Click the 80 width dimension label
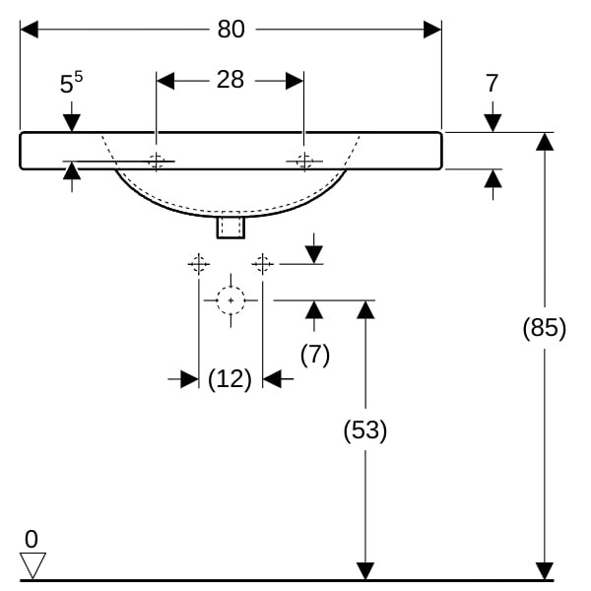(x=230, y=30)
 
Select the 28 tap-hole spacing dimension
(x=230, y=80)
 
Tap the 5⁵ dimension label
(x=70, y=84)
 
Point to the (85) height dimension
(x=544, y=328)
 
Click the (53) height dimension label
(x=364, y=429)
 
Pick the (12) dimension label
(x=230, y=379)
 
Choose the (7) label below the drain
(x=314, y=355)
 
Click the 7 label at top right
(x=492, y=84)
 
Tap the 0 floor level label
(x=32, y=539)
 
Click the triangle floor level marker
(x=33, y=565)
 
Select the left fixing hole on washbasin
(x=156, y=161)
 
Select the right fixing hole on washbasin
(x=303, y=161)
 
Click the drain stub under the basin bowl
(x=230, y=228)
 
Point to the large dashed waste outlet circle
(x=230, y=299)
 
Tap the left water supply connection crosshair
(x=199, y=263)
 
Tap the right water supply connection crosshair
(x=262, y=263)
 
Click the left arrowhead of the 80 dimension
(x=29, y=30)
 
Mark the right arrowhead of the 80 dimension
(x=432, y=30)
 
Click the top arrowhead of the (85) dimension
(x=544, y=141)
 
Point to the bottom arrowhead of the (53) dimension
(x=365, y=571)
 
